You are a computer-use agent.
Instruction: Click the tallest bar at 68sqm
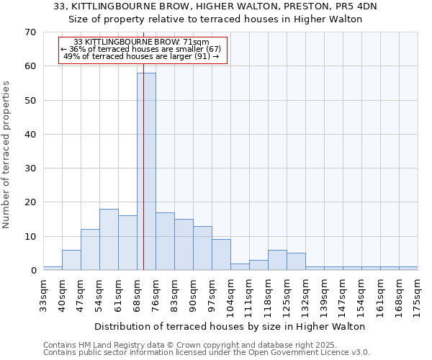click(146, 171)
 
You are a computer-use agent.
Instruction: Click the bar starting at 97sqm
click(221, 255)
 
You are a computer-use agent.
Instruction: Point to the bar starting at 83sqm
click(184, 245)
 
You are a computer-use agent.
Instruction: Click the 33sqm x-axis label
click(43, 293)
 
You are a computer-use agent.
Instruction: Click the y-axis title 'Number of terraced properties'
click(6, 155)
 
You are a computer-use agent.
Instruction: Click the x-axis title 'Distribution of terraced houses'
click(230, 326)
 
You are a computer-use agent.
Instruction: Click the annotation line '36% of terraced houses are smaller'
click(142, 49)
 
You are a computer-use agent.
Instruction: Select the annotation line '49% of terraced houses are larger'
click(142, 56)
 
